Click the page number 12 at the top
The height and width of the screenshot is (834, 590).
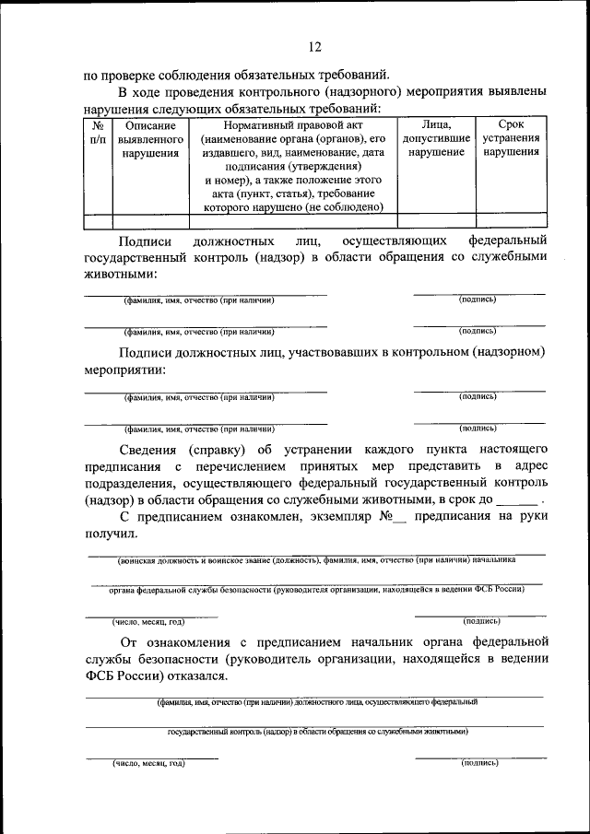[x=314, y=47]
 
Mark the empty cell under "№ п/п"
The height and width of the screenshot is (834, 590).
[x=98, y=220]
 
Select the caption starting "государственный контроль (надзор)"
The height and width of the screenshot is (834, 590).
[x=317, y=731]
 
